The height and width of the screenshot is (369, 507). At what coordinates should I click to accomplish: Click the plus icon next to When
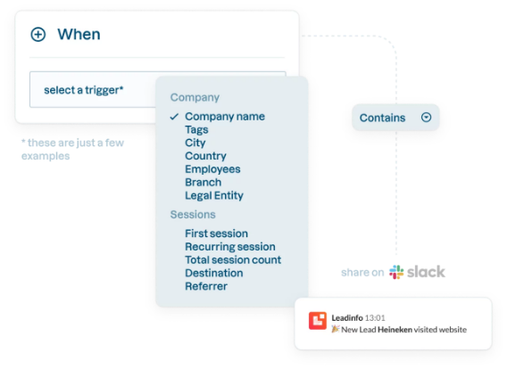click(x=38, y=35)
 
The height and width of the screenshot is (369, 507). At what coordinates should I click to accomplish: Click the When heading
click(x=79, y=34)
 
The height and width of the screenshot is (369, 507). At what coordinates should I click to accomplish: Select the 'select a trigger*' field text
click(x=84, y=90)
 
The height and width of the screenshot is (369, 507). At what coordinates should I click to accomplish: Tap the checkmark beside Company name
click(x=174, y=117)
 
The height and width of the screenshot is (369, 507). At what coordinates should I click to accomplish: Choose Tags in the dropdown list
click(x=196, y=130)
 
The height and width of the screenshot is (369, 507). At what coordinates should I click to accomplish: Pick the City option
click(x=195, y=143)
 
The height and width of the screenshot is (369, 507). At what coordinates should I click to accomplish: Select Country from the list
click(x=205, y=156)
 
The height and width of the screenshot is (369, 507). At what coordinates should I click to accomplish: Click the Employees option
click(x=212, y=169)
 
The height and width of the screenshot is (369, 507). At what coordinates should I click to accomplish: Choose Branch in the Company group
click(x=204, y=183)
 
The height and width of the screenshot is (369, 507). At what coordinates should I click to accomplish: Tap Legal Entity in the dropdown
click(x=214, y=195)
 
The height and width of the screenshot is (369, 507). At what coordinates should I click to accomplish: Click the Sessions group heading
click(x=193, y=215)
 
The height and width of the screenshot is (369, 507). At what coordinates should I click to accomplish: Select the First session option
click(x=217, y=234)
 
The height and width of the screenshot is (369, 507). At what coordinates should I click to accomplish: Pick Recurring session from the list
click(x=230, y=247)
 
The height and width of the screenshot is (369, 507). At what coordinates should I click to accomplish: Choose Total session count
click(x=233, y=260)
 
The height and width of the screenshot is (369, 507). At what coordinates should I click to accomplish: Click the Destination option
click(x=214, y=273)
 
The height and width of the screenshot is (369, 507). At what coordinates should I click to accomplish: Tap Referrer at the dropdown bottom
click(x=206, y=286)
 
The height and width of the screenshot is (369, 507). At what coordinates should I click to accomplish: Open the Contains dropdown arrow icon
click(x=426, y=117)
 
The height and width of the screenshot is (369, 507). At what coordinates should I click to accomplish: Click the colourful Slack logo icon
click(x=396, y=272)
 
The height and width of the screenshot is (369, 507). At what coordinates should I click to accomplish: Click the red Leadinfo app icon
click(x=318, y=321)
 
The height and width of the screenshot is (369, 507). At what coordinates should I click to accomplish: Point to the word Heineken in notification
click(x=395, y=330)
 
